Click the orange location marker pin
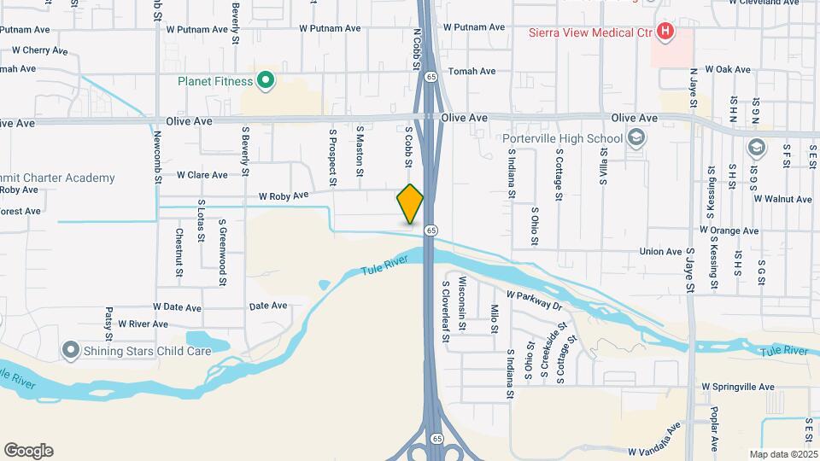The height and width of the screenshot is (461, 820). (x=410, y=203)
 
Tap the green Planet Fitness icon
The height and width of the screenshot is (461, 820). (x=266, y=81)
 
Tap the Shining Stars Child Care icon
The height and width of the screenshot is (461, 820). (x=70, y=350)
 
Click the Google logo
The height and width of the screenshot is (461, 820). (x=28, y=451)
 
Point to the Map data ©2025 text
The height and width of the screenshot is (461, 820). (x=782, y=454)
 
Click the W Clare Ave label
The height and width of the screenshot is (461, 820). (x=202, y=174)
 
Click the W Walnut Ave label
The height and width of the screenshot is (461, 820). (x=782, y=199)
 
